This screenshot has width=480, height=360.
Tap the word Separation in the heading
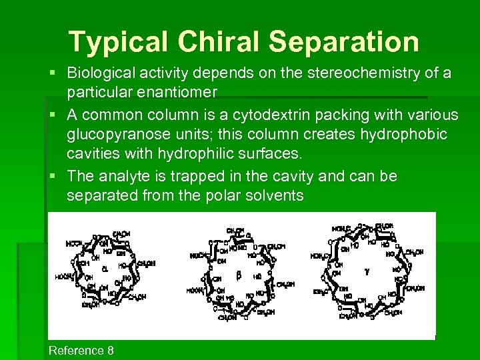click(x=344, y=42)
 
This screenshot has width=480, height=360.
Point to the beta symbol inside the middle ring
click(x=238, y=275)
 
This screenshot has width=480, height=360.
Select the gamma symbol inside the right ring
click(x=366, y=271)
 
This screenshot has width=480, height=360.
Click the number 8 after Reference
click(x=110, y=351)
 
